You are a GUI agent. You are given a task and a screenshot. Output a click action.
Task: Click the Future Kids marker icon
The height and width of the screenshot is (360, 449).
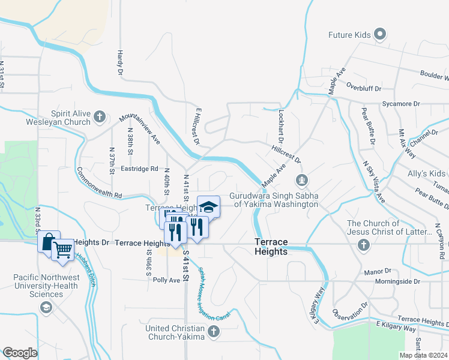[379, 35]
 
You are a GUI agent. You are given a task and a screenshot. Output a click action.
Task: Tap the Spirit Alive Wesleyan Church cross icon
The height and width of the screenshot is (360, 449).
[100, 116]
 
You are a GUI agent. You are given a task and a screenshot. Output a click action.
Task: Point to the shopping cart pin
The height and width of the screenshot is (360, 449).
[64, 248]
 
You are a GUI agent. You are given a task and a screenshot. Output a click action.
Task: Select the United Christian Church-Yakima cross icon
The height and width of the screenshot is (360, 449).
[214, 331]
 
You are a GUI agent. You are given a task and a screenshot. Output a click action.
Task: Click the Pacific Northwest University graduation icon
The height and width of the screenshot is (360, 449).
[45, 307]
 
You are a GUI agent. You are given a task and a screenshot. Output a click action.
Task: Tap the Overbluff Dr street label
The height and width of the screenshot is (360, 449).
[364, 88]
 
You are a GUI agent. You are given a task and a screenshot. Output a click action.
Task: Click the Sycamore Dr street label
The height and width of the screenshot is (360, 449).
[400, 104]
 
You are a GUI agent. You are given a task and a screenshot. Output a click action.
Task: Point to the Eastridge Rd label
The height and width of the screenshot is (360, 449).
[138, 169]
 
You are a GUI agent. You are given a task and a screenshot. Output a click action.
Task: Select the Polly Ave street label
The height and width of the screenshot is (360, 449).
[166, 280]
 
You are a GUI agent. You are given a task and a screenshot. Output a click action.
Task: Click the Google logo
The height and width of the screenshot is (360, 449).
[20, 353]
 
